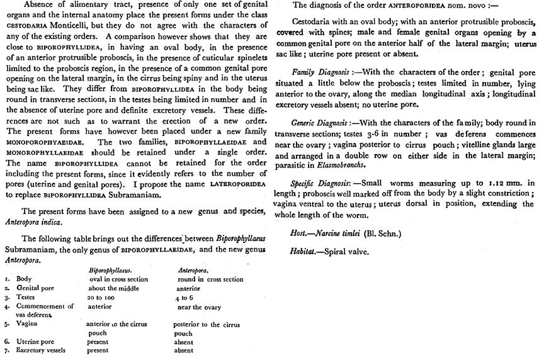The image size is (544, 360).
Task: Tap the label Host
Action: click(298, 233)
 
